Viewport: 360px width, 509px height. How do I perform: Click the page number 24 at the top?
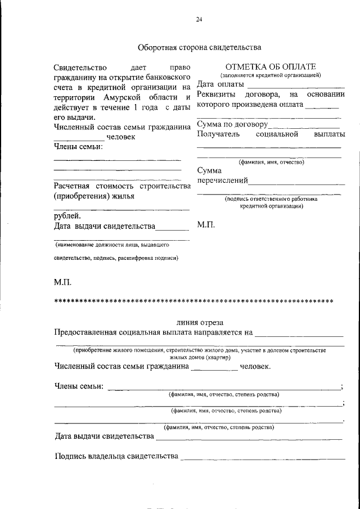[199, 20]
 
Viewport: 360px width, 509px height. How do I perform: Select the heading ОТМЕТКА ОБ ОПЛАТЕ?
[271, 67]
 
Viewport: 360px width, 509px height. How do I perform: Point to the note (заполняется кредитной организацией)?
[271, 75]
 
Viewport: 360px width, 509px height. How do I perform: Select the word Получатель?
[218, 134]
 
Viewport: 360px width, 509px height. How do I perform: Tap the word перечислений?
[222, 181]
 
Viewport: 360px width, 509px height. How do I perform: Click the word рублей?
[67, 215]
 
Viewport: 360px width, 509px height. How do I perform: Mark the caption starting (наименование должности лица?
[112, 245]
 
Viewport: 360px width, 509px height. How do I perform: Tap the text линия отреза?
[200, 323]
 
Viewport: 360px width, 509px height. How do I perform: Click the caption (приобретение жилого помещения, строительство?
[199, 350]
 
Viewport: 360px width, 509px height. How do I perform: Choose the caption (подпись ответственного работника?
[271, 199]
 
